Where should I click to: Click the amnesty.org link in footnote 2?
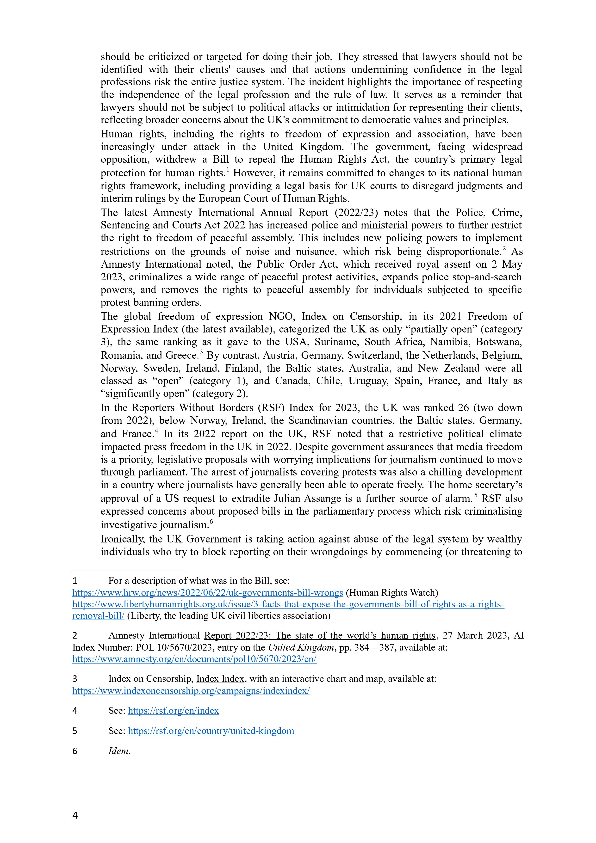194,659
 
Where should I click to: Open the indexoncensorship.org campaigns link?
191,691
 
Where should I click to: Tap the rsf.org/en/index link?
173,710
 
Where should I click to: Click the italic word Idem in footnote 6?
119,751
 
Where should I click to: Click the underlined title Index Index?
221,678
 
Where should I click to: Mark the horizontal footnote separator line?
129,571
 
